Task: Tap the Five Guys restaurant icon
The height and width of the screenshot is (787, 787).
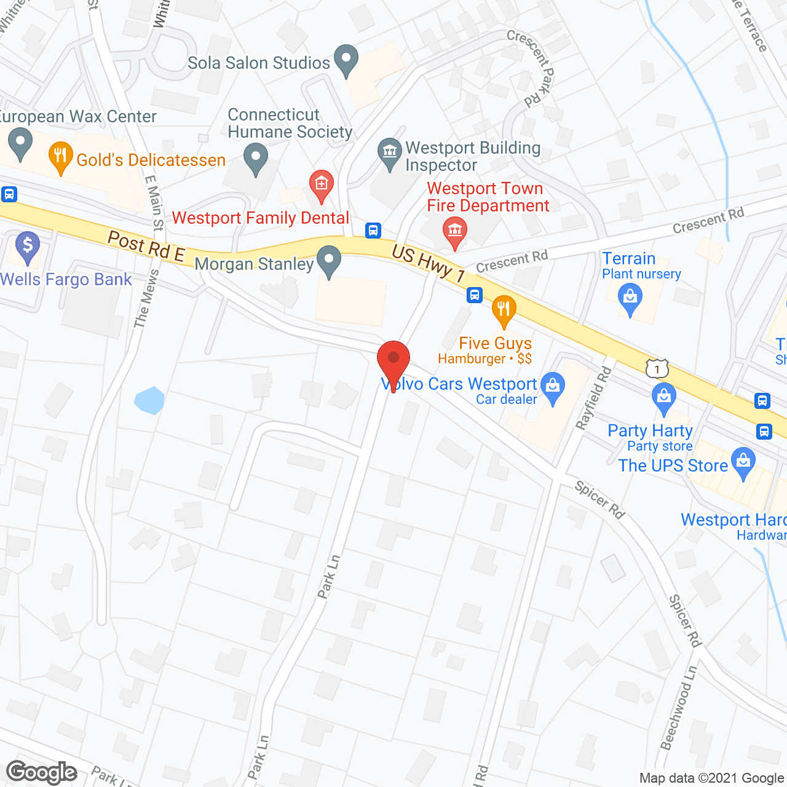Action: point(504,310)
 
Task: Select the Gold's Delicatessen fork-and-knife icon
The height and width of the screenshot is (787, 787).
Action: point(60,157)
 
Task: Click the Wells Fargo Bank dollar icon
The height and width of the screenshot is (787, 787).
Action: point(27,246)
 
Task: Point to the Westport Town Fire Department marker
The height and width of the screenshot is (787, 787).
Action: point(455,231)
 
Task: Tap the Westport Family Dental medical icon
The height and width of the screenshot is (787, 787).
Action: point(321,184)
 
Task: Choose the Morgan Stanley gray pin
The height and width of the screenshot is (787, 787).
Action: point(329,260)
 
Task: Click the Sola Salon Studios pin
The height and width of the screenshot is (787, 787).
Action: point(346,60)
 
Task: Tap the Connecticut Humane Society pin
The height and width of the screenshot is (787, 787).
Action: point(256,157)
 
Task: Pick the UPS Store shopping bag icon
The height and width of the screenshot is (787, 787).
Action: point(744,461)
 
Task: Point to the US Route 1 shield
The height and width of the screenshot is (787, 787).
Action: point(657,368)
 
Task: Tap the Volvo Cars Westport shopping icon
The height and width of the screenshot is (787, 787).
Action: point(553,387)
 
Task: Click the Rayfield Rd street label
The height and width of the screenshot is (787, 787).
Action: point(594,398)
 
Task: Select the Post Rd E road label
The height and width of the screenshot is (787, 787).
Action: point(146,246)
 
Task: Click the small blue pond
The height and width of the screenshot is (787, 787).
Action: point(149,400)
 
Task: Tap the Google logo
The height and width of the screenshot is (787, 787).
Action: point(42,772)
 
